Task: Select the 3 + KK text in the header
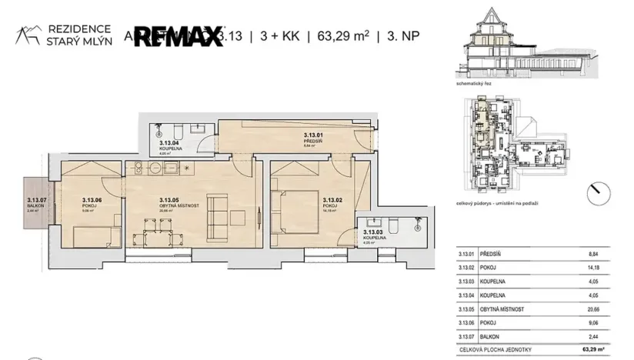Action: [x=281, y=35]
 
